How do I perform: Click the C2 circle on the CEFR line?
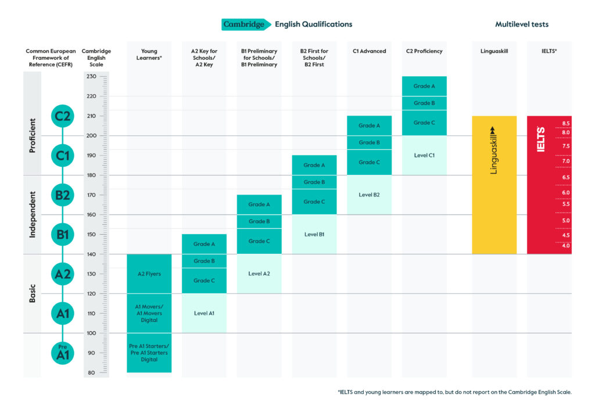pyautogui.click(x=62, y=116)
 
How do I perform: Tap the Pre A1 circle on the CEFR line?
pyautogui.click(x=62, y=353)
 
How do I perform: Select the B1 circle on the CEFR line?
pyautogui.click(x=62, y=235)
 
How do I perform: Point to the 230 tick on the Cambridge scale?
pyautogui.click(x=91, y=76)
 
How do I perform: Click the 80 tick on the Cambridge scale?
pyautogui.click(x=91, y=373)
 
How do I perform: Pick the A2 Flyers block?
pyautogui.click(x=149, y=274)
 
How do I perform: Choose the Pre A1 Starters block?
pyautogui.click(x=149, y=353)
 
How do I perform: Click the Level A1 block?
pyautogui.click(x=204, y=313)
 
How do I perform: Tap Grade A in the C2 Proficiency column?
pyautogui.click(x=424, y=86)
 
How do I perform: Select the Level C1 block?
pyautogui.click(x=424, y=155)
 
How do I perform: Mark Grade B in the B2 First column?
pyautogui.click(x=314, y=182)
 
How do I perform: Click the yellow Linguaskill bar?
pyautogui.click(x=494, y=185)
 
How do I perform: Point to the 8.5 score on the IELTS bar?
pyautogui.click(x=566, y=123)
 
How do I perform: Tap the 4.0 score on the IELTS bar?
pyautogui.click(x=566, y=246)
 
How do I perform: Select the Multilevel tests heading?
pyautogui.click(x=522, y=24)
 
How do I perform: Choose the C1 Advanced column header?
pyautogui.click(x=369, y=51)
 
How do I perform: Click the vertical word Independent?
pyautogui.click(x=33, y=214)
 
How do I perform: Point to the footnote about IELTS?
pyautogui.click(x=454, y=392)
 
